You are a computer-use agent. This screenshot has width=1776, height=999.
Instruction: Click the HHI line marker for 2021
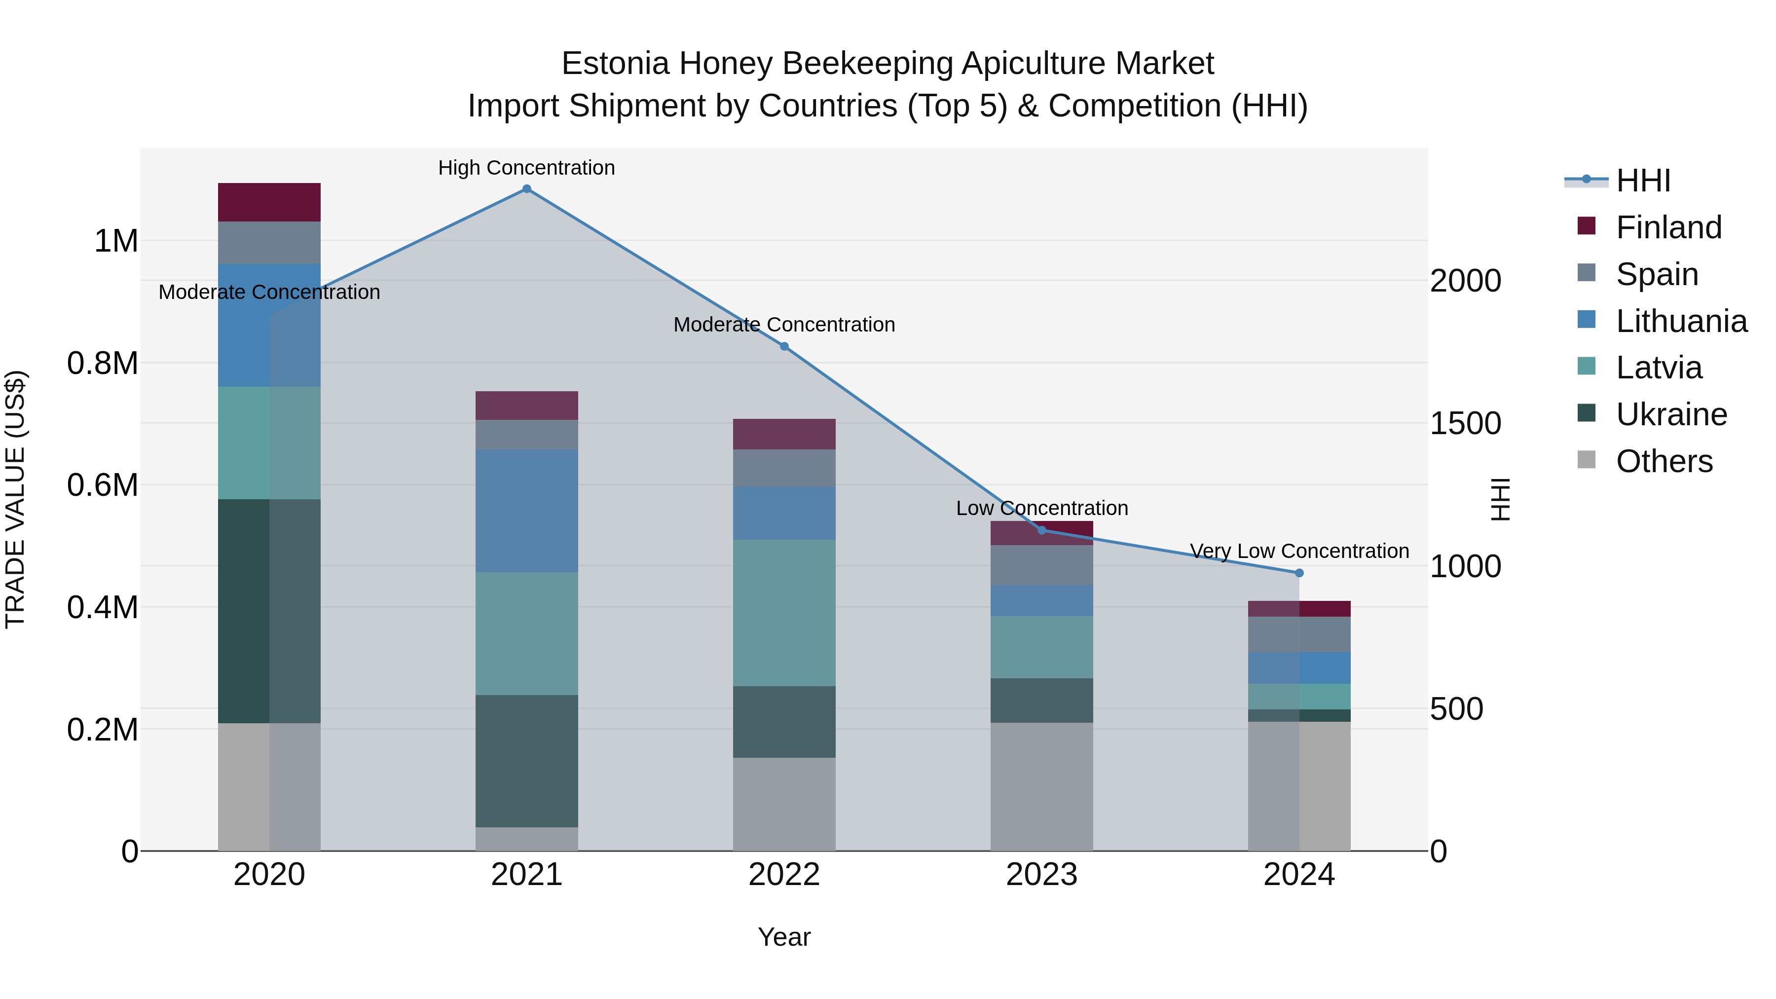527,189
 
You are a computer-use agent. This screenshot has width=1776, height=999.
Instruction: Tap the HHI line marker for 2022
784,346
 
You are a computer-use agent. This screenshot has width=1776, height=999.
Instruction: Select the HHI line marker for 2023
1042,530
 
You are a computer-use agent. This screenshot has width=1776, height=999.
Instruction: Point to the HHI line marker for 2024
1299,573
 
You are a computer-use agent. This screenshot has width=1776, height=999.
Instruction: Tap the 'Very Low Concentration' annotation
1299,551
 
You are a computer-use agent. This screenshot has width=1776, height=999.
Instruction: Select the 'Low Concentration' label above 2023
1042,508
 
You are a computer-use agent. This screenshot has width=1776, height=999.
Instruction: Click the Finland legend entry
1668,227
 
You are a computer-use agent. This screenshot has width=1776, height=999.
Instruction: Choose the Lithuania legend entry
1681,321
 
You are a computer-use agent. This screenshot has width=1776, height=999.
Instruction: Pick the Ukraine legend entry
1671,414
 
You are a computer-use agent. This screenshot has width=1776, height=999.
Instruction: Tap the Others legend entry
1664,461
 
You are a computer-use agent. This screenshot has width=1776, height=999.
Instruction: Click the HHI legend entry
1643,181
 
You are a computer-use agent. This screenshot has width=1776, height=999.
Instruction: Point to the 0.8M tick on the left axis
103,363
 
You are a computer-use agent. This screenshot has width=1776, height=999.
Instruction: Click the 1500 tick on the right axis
1465,423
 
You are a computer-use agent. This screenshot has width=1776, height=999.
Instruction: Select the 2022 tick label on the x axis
784,875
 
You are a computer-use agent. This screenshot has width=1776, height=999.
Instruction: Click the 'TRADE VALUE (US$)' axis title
15,499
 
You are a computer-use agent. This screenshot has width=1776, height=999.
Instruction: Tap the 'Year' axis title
784,937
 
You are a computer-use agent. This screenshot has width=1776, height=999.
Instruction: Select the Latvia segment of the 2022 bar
784,612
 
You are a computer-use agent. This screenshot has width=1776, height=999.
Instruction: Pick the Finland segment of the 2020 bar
269,202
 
